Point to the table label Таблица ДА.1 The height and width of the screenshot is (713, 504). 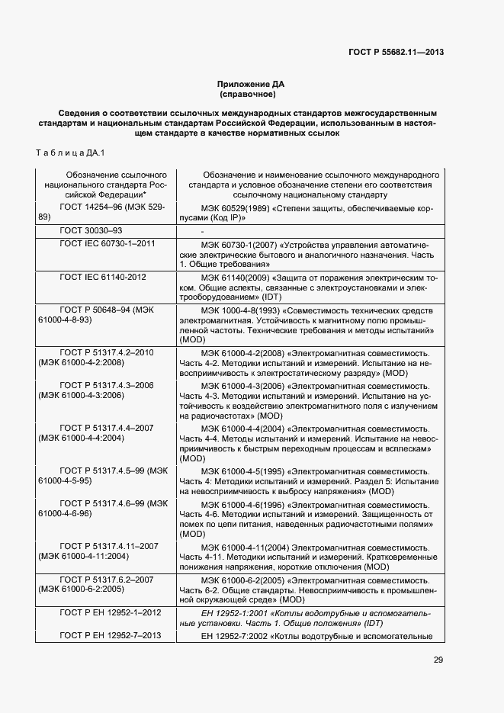[x=71, y=153]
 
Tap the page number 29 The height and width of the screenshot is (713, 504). [x=438, y=660]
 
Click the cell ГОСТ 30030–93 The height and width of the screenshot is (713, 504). [x=91, y=230]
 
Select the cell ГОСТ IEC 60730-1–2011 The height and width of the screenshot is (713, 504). [x=108, y=244]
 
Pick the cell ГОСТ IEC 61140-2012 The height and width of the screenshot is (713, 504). [x=103, y=277]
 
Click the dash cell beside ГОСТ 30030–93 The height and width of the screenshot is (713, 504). [x=202, y=230]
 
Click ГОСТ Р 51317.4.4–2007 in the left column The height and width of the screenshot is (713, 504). [x=108, y=429]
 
